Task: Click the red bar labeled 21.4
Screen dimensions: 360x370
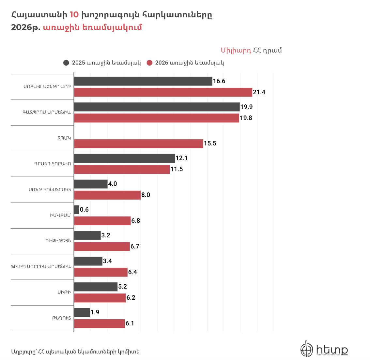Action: [x=163, y=92]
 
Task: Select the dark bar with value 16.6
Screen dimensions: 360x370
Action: [x=143, y=81]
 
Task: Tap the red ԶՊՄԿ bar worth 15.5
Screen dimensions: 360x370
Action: [x=139, y=143]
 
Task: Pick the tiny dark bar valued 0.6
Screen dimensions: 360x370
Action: [x=77, y=210]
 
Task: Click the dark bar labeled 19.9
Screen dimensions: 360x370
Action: [x=157, y=107]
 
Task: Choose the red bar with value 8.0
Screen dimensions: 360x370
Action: [x=107, y=195]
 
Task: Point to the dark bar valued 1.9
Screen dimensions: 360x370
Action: [x=82, y=312]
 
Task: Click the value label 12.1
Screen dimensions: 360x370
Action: [x=181, y=158]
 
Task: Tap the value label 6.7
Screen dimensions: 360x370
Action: [x=135, y=247]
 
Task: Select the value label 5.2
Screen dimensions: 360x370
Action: [x=123, y=287]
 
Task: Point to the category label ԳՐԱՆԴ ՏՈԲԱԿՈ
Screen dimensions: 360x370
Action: [x=52, y=164]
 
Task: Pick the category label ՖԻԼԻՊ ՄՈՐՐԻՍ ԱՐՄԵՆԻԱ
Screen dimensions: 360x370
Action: [x=40, y=266]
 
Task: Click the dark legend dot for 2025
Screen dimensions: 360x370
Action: [x=66, y=63]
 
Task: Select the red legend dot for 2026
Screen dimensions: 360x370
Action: [x=149, y=63]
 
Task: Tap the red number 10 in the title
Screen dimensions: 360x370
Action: [x=74, y=15]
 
